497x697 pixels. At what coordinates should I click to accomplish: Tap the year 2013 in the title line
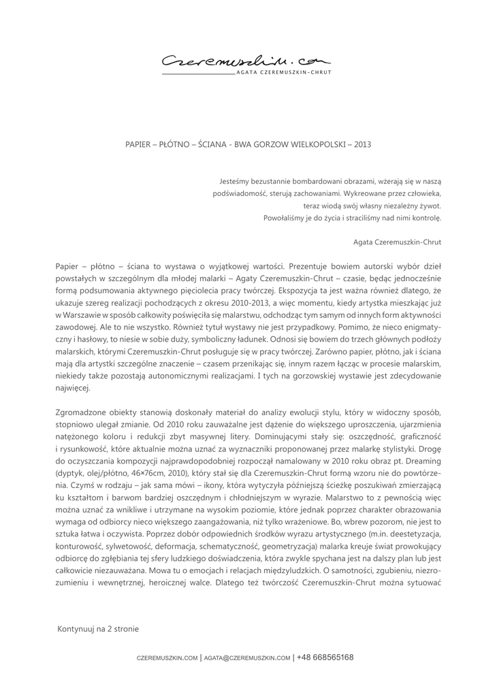click(363, 144)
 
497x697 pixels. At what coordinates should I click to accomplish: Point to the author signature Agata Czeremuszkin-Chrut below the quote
click(398, 241)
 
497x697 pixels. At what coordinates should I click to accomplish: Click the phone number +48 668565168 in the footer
click(325, 658)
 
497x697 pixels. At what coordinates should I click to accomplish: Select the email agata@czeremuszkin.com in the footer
click(247, 658)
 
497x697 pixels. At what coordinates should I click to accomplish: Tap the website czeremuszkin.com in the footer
click(167, 658)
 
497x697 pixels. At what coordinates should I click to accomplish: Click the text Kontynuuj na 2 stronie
click(98, 629)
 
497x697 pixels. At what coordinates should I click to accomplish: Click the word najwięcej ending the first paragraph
click(71, 389)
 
